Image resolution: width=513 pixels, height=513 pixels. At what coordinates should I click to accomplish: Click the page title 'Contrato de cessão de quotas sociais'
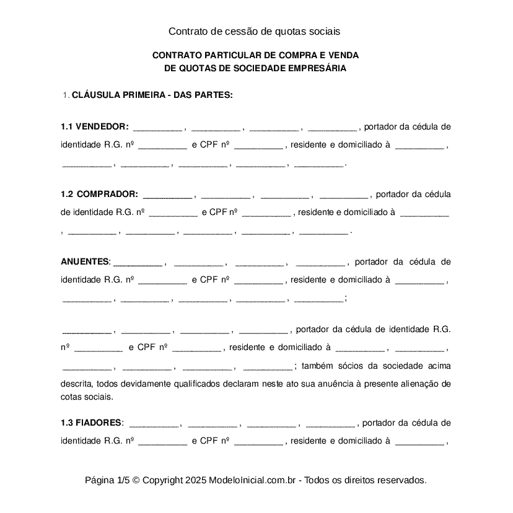point(255,30)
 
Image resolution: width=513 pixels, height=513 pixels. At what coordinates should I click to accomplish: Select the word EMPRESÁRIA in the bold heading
point(315,69)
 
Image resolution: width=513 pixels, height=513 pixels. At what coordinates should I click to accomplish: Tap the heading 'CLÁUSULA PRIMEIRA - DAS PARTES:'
point(152,95)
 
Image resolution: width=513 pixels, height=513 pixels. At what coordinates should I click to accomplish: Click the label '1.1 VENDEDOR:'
point(95,127)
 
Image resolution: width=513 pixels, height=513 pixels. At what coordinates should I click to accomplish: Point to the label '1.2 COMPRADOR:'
point(99,194)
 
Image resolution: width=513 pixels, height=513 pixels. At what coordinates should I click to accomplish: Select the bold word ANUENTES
point(85,261)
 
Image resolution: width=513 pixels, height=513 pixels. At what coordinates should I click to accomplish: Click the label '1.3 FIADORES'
point(91,423)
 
